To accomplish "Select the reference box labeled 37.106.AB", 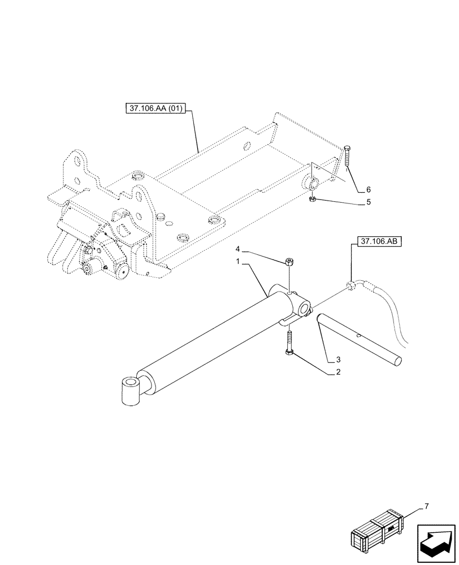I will click(x=376, y=242).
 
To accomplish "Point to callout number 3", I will click(x=338, y=359).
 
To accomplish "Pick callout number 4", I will click(x=238, y=249).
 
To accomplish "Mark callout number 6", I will click(x=369, y=189).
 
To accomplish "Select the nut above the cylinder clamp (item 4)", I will click(x=289, y=261).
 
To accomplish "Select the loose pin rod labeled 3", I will click(x=359, y=339).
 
